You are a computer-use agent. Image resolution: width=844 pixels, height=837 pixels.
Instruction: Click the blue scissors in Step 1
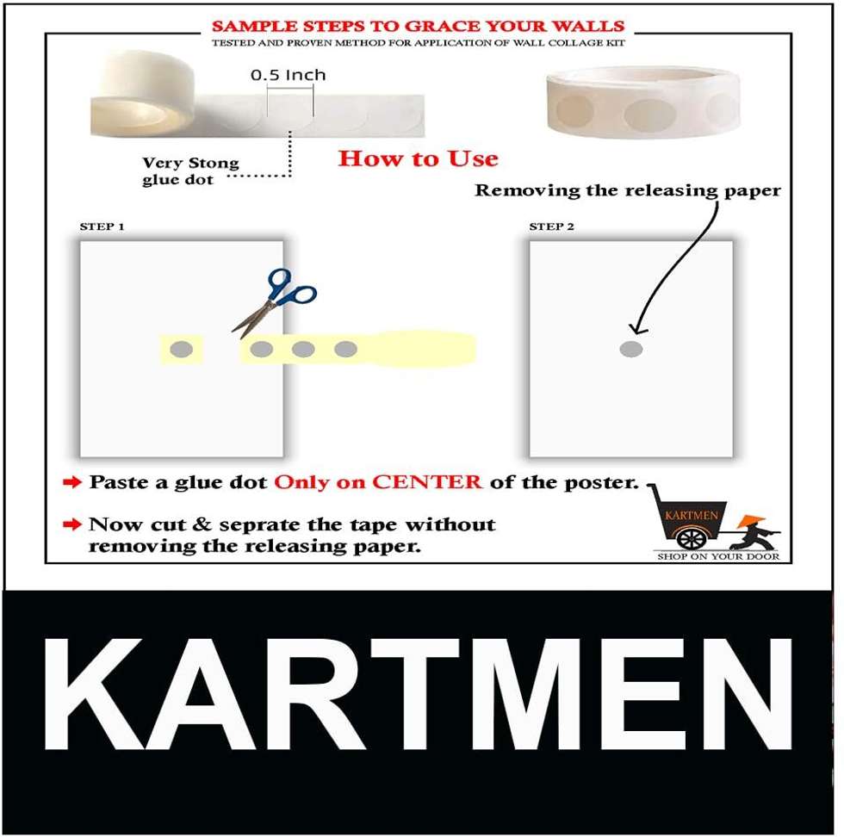click(276, 302)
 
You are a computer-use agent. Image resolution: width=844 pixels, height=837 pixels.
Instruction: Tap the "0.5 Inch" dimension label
click(289, 75)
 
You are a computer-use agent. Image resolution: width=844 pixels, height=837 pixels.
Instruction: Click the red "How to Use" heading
click(419, 158)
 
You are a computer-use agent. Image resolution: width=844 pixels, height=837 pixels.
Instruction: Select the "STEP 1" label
click(102, 226)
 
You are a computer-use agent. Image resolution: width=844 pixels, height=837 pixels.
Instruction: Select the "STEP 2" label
click(552, 226)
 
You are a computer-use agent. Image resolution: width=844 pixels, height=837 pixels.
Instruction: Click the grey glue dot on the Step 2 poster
click(631, 349)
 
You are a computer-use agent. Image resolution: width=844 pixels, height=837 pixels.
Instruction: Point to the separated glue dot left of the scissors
click(182, 350)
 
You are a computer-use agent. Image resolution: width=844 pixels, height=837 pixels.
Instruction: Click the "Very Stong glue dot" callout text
click(190, 171)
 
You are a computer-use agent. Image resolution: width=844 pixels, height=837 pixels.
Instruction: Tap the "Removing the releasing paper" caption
click(628, 190)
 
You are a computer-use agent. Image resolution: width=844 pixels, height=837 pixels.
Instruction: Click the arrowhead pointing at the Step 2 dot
click(638, 328)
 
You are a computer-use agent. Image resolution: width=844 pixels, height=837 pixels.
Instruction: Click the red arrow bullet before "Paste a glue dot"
click(72, 481)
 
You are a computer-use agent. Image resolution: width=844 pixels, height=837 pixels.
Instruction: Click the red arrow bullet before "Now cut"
click(72, 524)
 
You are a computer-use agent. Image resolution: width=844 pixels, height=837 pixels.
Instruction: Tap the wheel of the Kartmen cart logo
click(691, 539)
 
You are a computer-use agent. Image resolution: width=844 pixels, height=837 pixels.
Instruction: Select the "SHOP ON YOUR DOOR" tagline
click(718, 556)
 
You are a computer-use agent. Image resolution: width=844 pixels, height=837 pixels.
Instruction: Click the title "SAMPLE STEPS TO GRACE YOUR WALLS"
click(419, 26)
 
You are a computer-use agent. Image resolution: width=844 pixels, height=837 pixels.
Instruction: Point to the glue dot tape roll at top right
click(642, 102)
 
